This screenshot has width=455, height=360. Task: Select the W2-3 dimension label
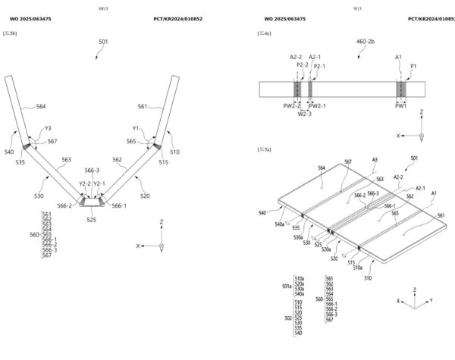point(303,114)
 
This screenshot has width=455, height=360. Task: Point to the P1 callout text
point(413,65)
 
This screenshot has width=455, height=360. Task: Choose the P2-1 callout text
point(319,65)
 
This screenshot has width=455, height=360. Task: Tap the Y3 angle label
point(48,128)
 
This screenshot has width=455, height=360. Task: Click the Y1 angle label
point(136,128)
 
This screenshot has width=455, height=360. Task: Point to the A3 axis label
point(374,160)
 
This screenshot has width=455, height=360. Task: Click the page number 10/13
point(103,8)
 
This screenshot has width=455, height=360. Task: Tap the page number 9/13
point(337,8)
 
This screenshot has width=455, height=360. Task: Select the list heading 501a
point(286,286)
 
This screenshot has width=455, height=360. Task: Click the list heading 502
point(287,318)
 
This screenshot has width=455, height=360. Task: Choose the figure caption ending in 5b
point(10,35)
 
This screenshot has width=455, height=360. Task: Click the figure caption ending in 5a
point(265,150)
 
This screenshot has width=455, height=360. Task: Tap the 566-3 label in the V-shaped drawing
point(92,171)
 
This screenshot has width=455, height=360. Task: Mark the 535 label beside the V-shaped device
point(20,162)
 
